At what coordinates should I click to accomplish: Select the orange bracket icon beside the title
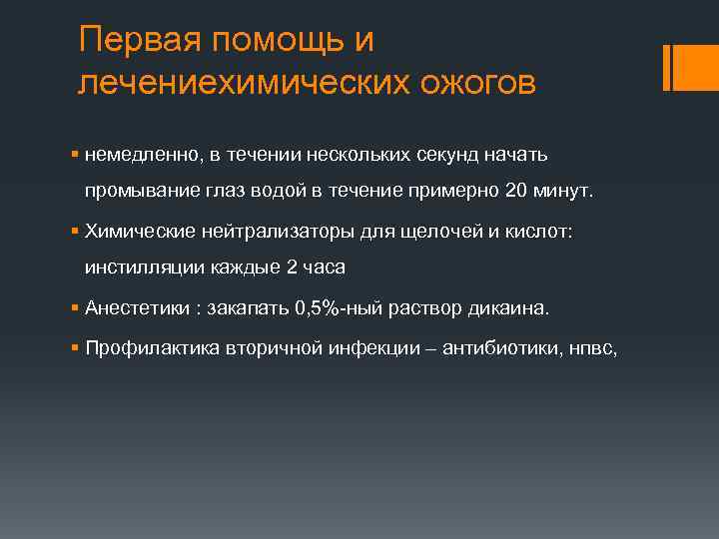tap(684, 67)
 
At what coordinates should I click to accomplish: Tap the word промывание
tap(135, 191)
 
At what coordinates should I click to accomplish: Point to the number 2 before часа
tap(290, 267)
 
